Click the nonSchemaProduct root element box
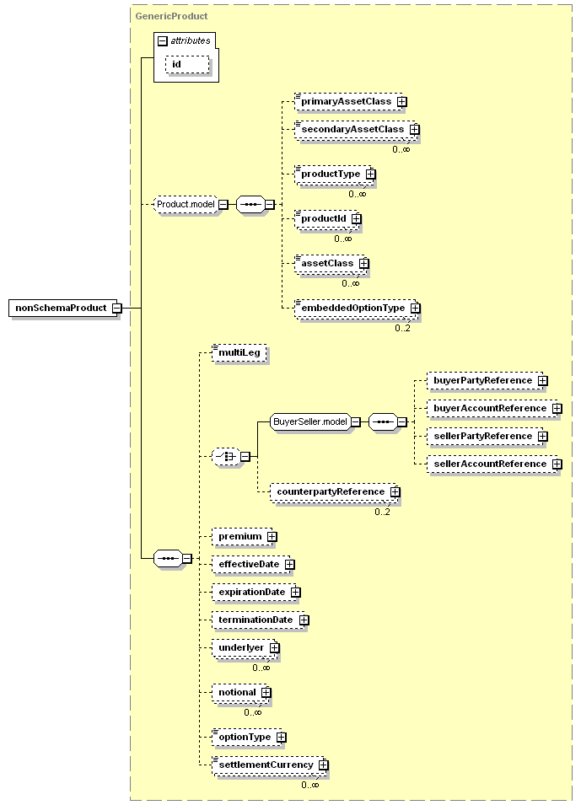coord(63,308)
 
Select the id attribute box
coord(187,65)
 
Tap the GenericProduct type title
coord(171,16)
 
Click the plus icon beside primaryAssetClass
coord(401,102)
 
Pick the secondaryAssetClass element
coord(357,129)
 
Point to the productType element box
coord(335,174)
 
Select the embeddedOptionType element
coord(357,308)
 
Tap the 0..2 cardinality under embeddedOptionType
coord(402,328)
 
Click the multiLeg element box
coord(239,352)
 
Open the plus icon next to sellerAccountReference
coord(557,464)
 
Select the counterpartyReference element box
coord(335,491)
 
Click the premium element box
coord(245,536)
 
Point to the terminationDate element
coord(261,620)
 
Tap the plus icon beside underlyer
coord(275,648)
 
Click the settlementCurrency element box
coord(270,765)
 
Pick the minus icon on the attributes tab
coord(163,41)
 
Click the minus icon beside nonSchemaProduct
coord(117,308)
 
